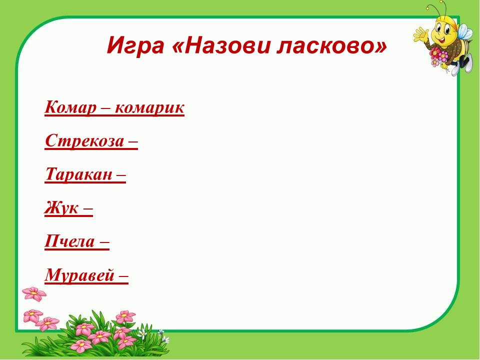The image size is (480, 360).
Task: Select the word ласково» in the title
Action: point(332,45)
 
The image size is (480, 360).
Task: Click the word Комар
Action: point(70,108)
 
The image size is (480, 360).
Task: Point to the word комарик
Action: point(149,108)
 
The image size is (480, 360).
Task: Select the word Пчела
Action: point(69,241)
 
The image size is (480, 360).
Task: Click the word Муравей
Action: point(79,275)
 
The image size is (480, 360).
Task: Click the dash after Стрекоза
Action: point(132,142)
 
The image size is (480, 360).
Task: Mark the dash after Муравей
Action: point(123,276)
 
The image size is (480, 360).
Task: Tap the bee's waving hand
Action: point(420,34)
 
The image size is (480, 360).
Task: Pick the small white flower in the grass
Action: point(143,333)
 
